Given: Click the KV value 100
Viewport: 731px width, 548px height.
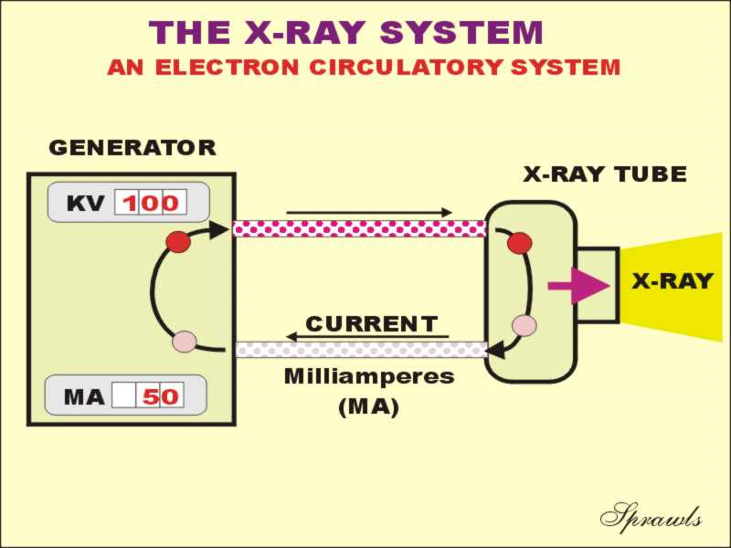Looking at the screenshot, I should click(x=151, y=202).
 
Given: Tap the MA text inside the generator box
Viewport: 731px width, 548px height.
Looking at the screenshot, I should click(x=84, y=397).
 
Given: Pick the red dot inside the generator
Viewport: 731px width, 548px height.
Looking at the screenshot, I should click(x=178, y=242).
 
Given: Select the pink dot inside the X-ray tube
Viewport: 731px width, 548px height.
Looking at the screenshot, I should click(x=524, y=325).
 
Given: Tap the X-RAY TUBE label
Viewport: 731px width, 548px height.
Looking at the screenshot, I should click(x=605, y=174).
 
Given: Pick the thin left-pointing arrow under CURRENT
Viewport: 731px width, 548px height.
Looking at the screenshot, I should click(x=368, y=337).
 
